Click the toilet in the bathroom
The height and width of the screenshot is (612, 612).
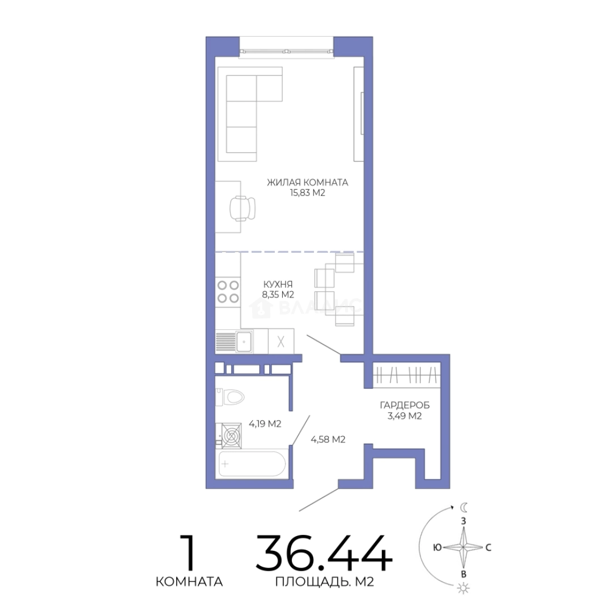pos(229,397)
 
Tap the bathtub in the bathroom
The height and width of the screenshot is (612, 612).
pos(252,464)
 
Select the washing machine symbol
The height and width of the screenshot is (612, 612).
pos(231,435)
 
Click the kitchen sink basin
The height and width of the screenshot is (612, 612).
pos(244,342)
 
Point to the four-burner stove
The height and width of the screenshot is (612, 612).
pos(228,292)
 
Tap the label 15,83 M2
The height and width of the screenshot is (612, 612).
pos(307,193)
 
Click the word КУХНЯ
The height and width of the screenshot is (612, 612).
pos(278,284)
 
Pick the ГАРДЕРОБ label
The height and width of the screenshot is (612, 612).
pos(405,406)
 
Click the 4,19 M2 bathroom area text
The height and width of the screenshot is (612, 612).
pos(265,424)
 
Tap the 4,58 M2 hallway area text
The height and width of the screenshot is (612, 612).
pos(328,440)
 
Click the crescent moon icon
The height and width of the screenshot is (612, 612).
pos(464,507)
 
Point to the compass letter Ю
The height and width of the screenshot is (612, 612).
pos(437,547)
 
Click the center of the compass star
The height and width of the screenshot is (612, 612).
pos(464,547)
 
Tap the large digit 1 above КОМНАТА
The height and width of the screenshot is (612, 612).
pos(189,553)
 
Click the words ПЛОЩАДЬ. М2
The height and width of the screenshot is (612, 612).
pos(325,582)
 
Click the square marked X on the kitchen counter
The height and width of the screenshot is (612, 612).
pos(281,341)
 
